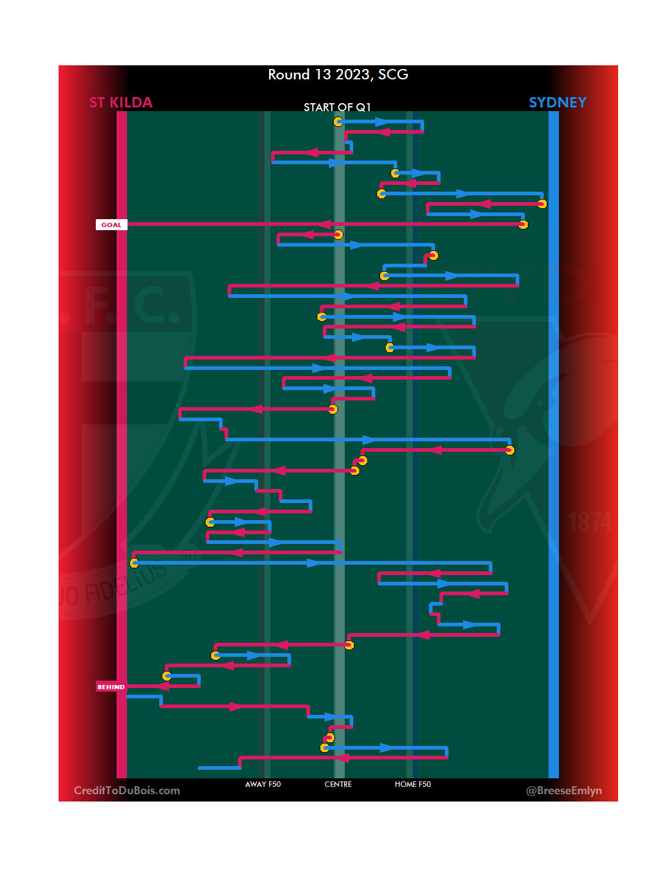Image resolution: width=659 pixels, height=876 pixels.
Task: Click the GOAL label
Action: [x=111, y=225]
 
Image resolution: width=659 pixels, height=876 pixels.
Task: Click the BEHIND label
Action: [x=111, y=687]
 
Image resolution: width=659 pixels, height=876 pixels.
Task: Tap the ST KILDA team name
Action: [x=121, y=103]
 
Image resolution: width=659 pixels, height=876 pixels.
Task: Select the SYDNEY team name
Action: [x=557, y=103]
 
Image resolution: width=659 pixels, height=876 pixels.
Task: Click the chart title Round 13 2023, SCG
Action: [x=338, y=74]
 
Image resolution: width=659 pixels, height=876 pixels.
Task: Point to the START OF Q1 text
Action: [x=337, y=107]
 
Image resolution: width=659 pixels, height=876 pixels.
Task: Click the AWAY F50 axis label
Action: [x=263, y=784]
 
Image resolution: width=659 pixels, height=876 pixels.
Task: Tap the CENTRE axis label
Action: [x=338, y=784]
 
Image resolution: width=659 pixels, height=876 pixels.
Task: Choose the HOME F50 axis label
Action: [x=412, y=784]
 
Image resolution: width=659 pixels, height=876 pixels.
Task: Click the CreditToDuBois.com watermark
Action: [x=127, y=791]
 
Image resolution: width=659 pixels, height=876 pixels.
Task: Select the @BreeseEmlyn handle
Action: [x=564, y=791]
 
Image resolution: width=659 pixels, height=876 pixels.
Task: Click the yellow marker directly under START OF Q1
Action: [x=338, y=121]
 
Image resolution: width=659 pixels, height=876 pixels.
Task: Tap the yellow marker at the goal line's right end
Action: [x=523, y=225]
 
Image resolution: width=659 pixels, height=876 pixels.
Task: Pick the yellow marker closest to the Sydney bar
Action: [x=542, y=203]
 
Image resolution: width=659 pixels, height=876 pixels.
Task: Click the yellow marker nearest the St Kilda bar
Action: [x=134, y=563]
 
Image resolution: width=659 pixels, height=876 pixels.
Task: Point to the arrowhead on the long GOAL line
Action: [x=325, y=225]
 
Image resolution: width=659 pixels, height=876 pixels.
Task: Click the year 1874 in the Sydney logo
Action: [x=589, y=523]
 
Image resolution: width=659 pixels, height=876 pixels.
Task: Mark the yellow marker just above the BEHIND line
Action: [x=167, y=676]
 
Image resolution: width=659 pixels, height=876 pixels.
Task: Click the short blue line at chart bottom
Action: [x=219, y=767]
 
